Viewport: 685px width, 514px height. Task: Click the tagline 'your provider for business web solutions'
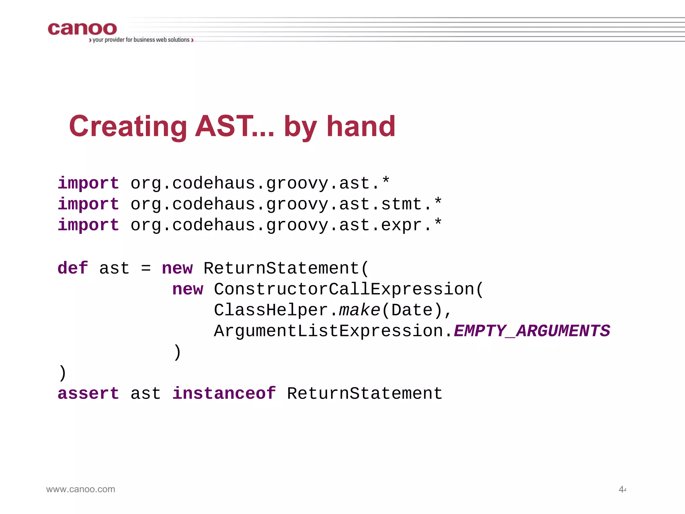click(141, 40)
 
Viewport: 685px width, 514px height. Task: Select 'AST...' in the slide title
click(234, 126)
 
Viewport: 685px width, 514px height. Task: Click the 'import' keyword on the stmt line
click(88, 204)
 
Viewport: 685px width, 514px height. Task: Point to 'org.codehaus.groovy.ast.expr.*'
click(286, 225)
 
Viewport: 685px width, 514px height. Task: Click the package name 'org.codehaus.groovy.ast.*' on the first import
click(260, 183)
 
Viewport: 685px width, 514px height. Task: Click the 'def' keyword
click(73, 268)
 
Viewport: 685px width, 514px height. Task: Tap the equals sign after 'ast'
click(146, 268)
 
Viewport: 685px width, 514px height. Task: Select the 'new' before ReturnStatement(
click(177, 268)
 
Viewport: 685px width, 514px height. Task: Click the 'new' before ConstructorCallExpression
click(188, 289)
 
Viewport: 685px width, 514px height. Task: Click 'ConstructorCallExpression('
click(349, 289)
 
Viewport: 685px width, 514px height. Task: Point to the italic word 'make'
click(360, 310)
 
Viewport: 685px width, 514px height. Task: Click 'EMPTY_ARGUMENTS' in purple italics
click(532, 331)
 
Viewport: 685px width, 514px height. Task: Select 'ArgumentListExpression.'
click(333, 331)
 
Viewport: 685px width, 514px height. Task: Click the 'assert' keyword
click(88, 394)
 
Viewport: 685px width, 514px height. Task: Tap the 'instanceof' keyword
click(224, 394)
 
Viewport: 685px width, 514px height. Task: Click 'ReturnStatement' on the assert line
click(365, 394)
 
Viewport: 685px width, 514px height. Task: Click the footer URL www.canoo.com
click(81, 489)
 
